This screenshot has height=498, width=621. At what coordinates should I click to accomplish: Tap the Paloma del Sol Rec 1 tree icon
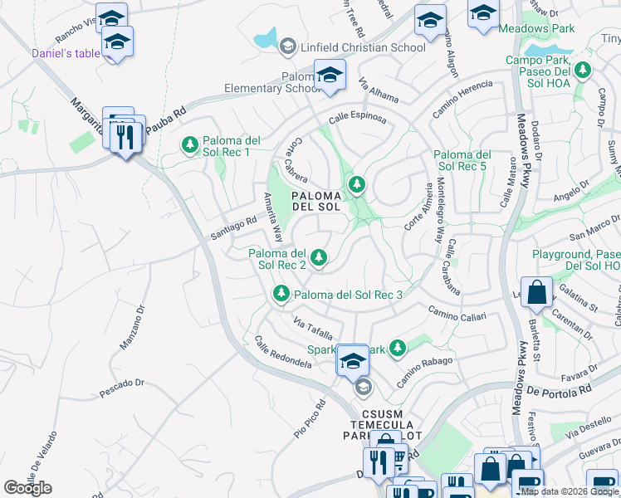190,146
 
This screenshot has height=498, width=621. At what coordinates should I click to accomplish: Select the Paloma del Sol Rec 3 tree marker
281,295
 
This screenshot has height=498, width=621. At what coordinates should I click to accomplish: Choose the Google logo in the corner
27,488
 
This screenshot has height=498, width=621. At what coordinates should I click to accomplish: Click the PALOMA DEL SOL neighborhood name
315,201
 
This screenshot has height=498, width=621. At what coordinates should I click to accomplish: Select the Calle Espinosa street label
357,119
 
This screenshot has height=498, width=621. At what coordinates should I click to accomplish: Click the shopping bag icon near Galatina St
538,293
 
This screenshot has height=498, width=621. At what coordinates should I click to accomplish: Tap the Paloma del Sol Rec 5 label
462,160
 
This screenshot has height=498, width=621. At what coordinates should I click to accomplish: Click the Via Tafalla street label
313,329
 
